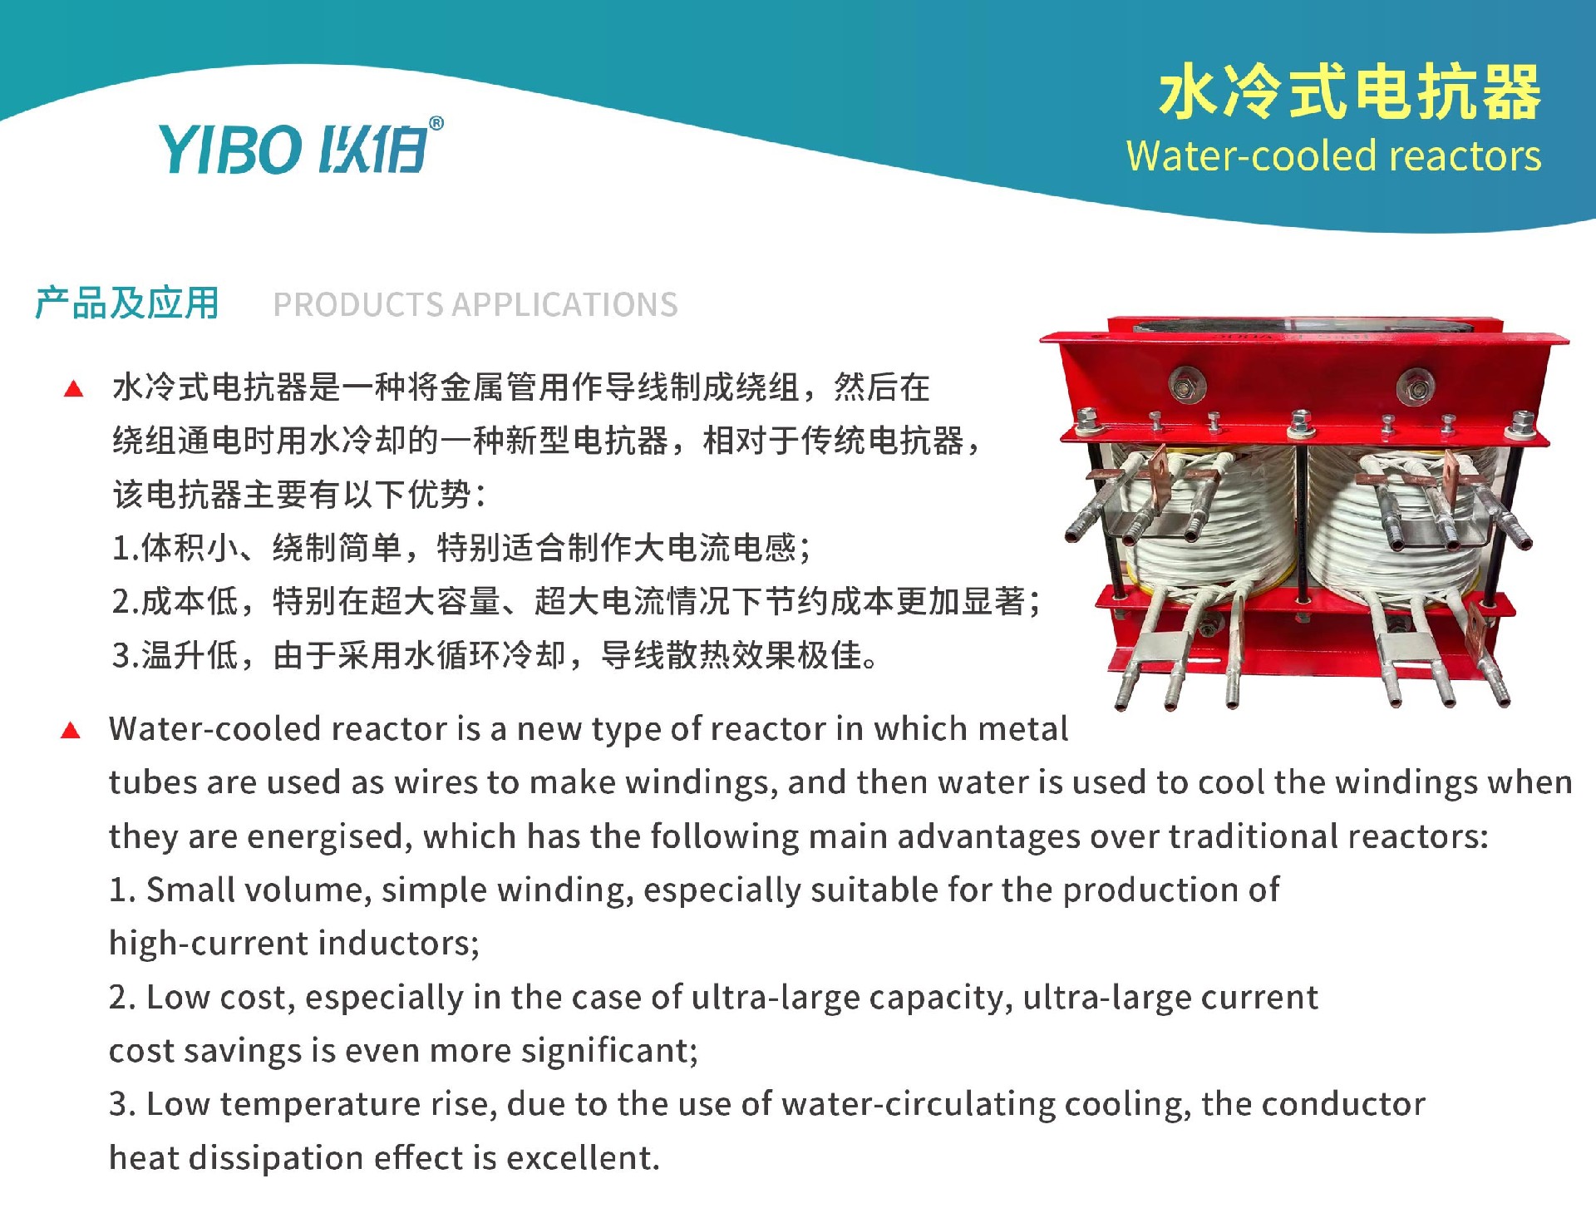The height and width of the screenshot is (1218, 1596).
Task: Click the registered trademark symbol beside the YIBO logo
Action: (436, 124)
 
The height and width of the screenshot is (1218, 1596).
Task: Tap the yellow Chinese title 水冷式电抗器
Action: (1350, 91)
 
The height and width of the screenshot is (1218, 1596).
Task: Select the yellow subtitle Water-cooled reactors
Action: (1333, 156)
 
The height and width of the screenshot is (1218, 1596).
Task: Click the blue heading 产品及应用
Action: (127, 303)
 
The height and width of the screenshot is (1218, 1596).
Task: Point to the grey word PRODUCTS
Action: (358, 305)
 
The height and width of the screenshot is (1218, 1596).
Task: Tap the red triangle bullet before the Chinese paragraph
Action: (74, 388)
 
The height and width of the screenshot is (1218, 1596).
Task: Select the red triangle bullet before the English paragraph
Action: (71, 730)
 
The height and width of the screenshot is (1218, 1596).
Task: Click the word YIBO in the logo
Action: (229, 150)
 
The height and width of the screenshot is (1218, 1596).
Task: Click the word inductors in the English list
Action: (398, 944)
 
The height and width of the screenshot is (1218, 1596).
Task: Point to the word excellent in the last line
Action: (583, 1158)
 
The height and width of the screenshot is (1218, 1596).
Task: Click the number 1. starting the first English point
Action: (122, 890)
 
